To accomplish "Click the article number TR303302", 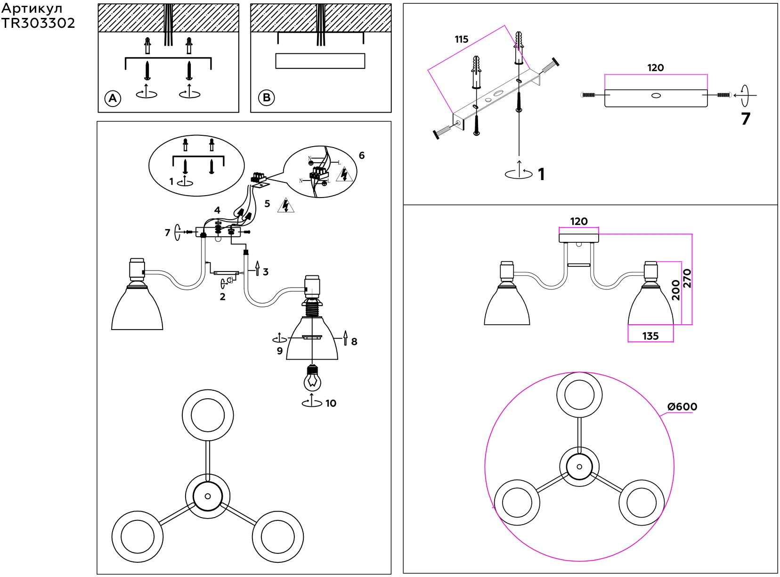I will click(38, 24).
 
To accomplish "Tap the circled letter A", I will click(113, 99).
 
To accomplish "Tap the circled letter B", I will click(266, 98).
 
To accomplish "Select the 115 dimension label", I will click(462, 40).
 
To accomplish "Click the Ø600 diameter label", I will click(682, 406).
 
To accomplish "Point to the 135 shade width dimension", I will click(650, 336).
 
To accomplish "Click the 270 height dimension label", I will click(687, 278).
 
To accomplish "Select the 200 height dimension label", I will click(676, 290).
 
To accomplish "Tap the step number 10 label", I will click(331, 404).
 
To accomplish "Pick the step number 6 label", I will click(362, 156).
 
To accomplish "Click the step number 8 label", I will click(354, 342).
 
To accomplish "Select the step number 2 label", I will click(222, 297).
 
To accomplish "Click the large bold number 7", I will click(745, 119).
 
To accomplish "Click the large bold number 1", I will click(541, 174).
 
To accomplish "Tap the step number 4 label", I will click(217, 210).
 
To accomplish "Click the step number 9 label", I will click(280, 351).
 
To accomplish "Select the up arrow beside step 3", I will click(257, 268).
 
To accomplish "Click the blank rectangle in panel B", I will click(320, 61).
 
